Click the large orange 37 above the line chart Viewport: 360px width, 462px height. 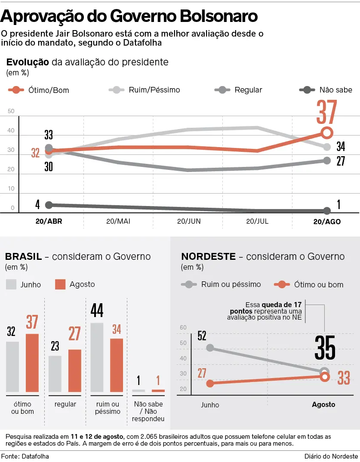click(x=326, y=112)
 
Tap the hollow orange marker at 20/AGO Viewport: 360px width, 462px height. click(x=326, y=132)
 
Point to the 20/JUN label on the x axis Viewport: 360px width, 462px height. click(x=188, y=222)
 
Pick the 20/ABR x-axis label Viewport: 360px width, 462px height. click(x=49, y=222)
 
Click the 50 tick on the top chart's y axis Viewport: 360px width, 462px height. click(x=11, y=111)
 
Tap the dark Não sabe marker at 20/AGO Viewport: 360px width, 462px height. click(x=327, y=211)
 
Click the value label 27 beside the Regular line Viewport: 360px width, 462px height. click(x=341, y=161)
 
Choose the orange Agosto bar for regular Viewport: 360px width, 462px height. click(x=75, y=370)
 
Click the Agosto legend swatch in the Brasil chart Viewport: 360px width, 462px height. click(x=61, y=284)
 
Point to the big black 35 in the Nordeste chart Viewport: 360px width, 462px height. click(x=325, y=348)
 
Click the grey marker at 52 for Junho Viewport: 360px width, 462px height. click(x=210, y=348)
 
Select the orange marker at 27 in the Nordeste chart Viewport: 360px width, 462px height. click(x=210, y=383)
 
